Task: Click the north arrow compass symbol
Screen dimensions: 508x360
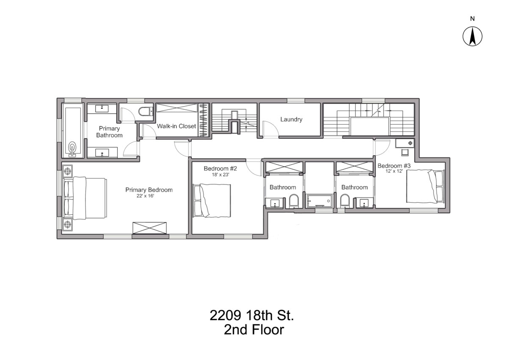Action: [472, 36]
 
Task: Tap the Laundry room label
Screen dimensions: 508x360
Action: [291, 119]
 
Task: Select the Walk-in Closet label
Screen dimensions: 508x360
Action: [176, 126]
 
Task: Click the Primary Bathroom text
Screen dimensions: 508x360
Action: [109, 132]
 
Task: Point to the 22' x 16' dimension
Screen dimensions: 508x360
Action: [145, 196]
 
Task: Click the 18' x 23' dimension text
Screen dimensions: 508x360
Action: [221, 175]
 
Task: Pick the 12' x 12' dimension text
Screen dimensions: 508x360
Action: [394, 171]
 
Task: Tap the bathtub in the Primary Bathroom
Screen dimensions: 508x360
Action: [73, 132]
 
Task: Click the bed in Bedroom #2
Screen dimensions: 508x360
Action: [212, 201]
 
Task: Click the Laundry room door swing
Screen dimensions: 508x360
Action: [271, 129]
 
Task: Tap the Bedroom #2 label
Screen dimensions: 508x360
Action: [220, 168]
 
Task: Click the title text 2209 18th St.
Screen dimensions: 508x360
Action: [252, 315]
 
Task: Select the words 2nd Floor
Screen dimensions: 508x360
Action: [254, 330]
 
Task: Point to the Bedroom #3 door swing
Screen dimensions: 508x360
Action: [382, 148]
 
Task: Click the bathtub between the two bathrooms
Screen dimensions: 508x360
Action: [319, 201]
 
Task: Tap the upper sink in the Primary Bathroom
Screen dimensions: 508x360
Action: [102, 109]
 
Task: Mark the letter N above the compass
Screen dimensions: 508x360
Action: [472, 19]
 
